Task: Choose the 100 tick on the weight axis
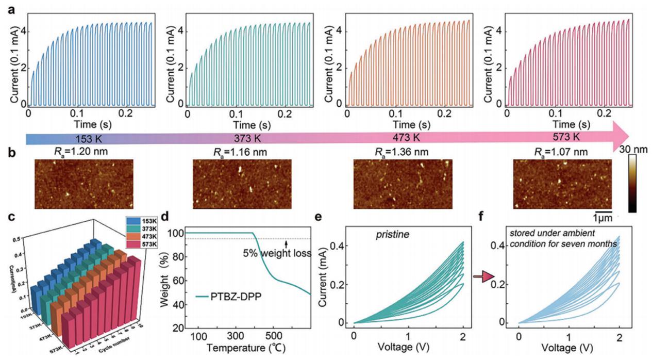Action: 177,233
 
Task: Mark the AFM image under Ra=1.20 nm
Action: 84,184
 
